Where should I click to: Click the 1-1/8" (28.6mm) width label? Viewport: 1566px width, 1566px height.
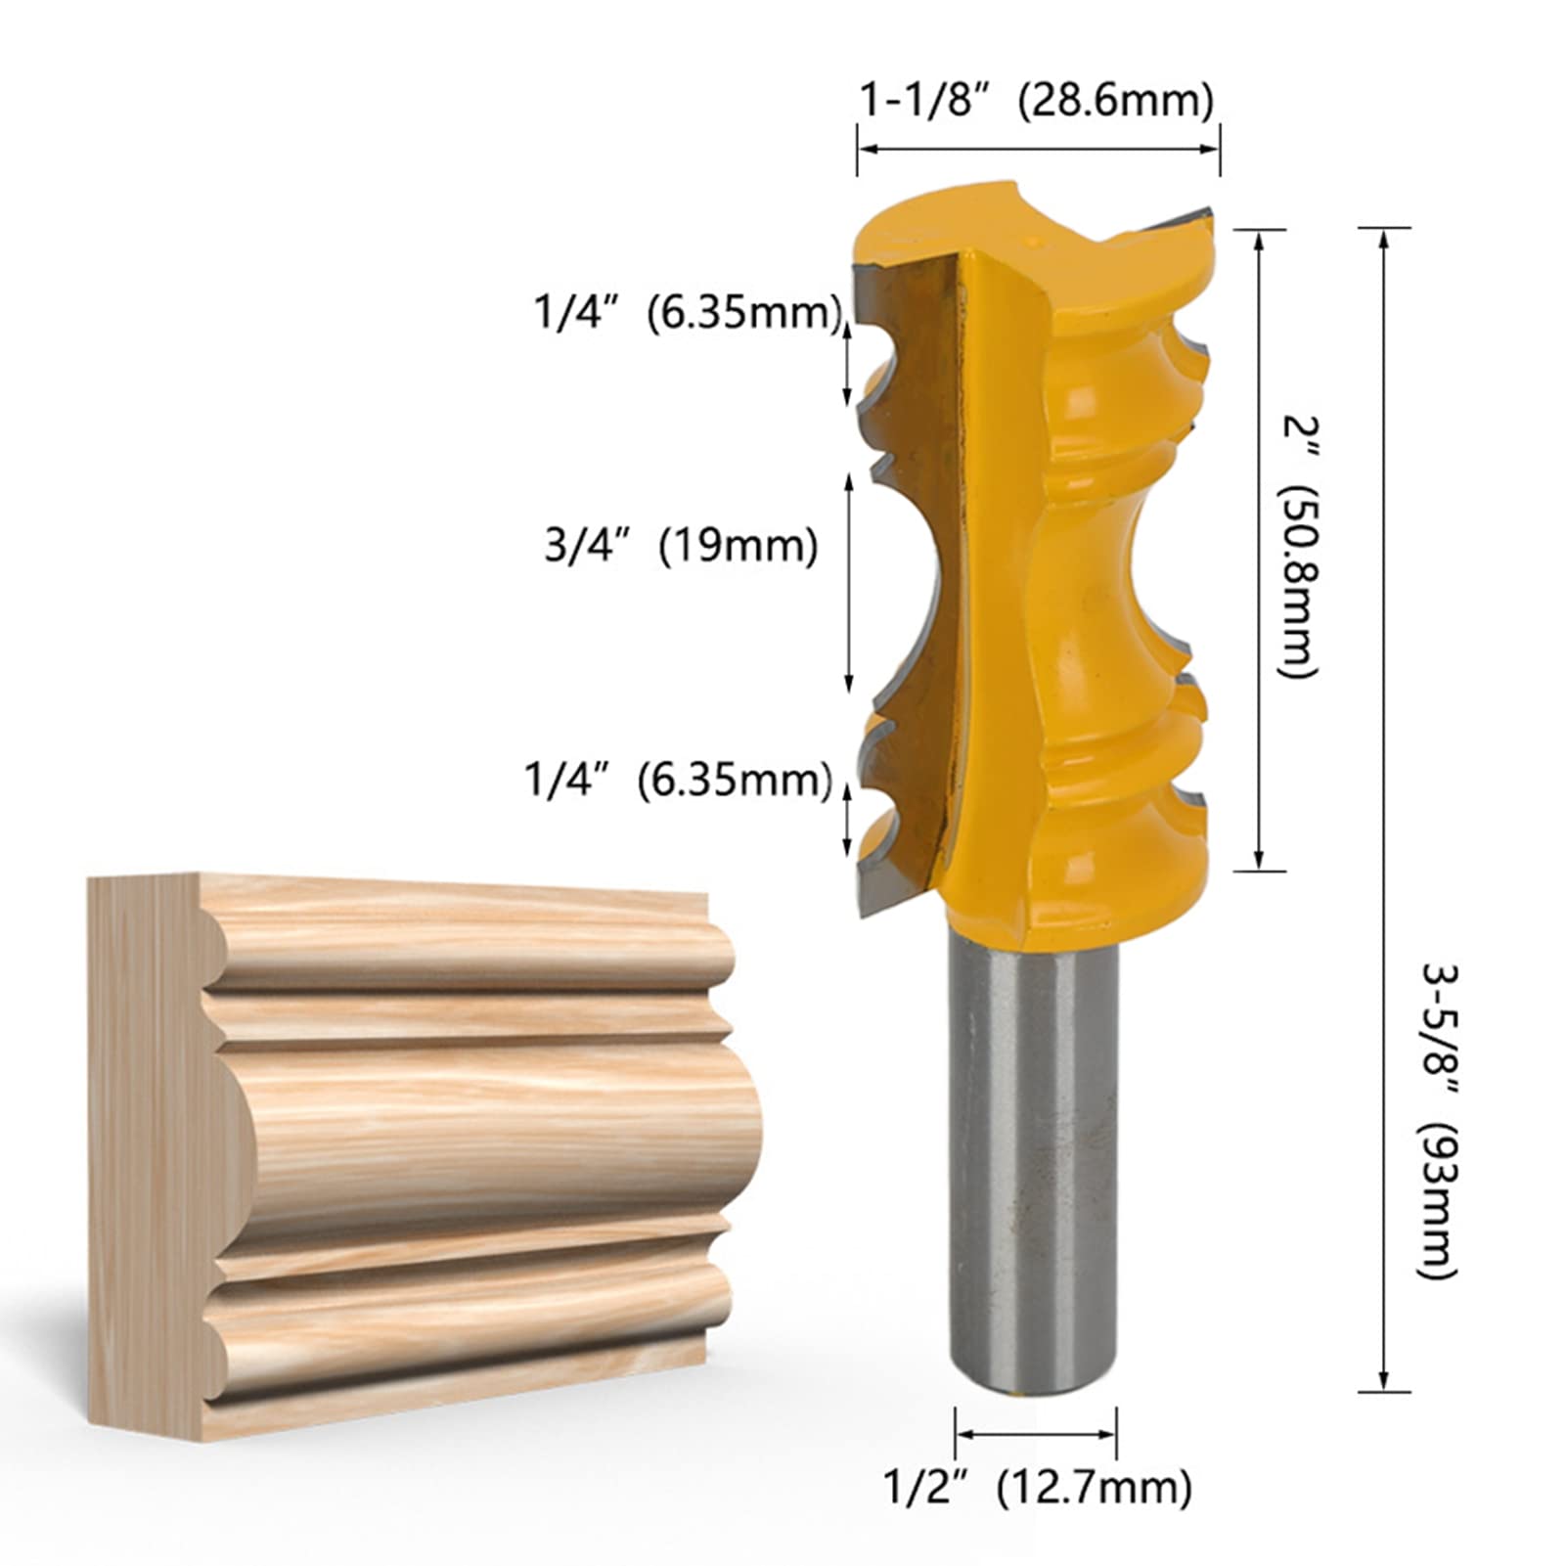tap(1036, 100)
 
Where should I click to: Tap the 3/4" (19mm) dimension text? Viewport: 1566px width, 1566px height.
tap(681, 545)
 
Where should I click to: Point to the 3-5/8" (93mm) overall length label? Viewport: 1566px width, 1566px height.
tap(1439, 1121)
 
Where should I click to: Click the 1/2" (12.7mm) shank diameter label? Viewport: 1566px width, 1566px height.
tap(1038, 1488)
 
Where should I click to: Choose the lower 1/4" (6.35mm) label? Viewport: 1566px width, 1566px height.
tap(678, 780)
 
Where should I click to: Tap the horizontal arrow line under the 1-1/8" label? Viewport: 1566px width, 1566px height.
tap(1038, 149)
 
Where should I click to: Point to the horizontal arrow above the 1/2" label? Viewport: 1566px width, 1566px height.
tap(1036, 1434)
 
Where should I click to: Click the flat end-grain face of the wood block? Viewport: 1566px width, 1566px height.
tap(147, 1154)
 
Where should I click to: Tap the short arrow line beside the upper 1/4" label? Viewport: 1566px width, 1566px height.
tap(848, 362)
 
